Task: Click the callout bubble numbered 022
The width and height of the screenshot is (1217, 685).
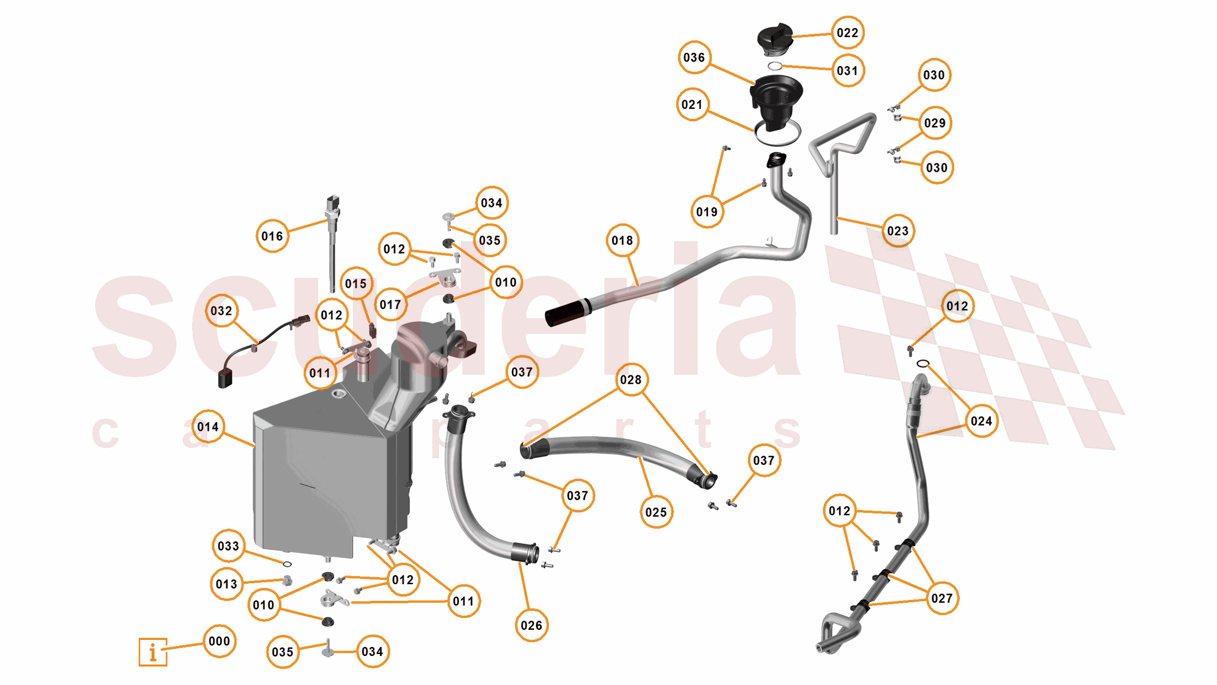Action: coord(847,33)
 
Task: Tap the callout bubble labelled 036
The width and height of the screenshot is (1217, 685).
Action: coord(694,58)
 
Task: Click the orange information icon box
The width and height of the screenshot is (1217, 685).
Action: coord(153,652)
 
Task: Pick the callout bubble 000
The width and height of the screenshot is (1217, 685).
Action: coord(219,641)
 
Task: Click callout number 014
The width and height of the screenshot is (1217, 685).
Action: coord(208,427)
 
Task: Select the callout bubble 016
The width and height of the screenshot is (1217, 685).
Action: coord(272,236)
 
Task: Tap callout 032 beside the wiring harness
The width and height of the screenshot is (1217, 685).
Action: coord(221,311)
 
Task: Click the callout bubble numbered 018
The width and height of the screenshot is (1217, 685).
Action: coord(622,240)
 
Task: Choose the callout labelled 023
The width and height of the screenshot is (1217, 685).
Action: coord(897,231)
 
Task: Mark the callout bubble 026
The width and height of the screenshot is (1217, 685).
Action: coord(531,625)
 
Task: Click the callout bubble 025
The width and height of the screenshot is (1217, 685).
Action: coord(656,512)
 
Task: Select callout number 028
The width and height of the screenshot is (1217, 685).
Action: coord(631,380)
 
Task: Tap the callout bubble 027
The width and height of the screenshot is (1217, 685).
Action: coord(942,598)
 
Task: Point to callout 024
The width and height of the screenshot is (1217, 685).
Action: coord(981,421)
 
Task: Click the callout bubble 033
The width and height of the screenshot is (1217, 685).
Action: coord(228,546)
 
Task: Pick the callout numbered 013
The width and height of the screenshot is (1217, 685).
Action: coord(226,584)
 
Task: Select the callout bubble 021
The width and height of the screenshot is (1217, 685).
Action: coord(692,104)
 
